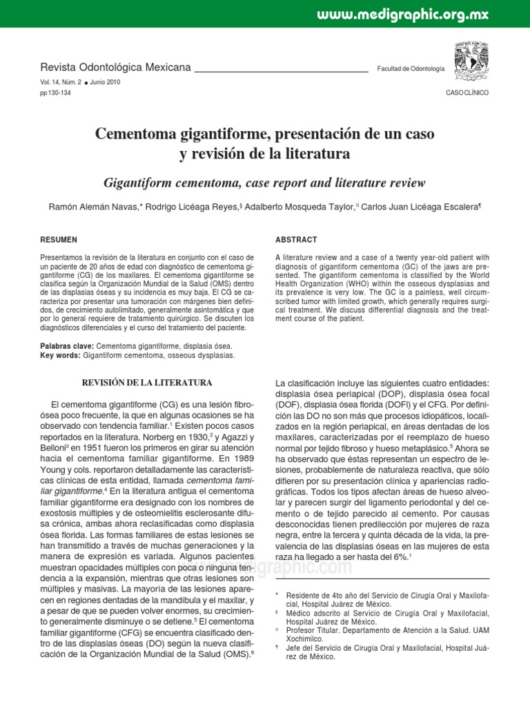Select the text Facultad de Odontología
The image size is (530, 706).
pos(411,70)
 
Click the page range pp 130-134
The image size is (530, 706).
pos(57,92)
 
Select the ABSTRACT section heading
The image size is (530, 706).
pos(296,240)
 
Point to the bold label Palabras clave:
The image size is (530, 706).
pos(68,345)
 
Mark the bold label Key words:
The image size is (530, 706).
pos(61,355)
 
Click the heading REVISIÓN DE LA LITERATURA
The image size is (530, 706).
pos(147,382)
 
